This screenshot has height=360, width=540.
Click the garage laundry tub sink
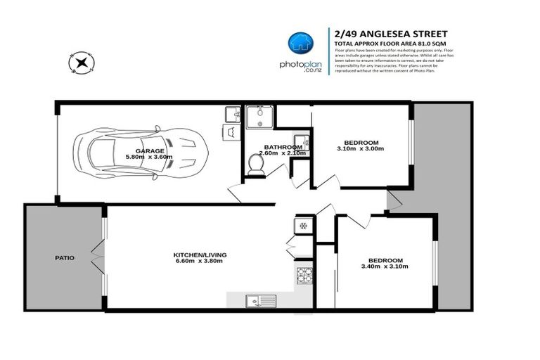(x=232, y=113)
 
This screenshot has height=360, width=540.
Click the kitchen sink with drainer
(x=257, y=300)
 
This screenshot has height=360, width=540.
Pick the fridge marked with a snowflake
(x=303, y=226)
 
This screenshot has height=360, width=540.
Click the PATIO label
(x=65, y=258)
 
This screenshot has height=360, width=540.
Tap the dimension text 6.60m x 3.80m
(x=200, y=261)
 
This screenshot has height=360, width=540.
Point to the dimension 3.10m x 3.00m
(x=361, y=149)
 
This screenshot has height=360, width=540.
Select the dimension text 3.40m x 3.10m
(x=384, y=266)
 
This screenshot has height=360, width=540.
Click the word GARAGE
(x=150, y=150)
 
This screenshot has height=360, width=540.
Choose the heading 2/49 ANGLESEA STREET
(x=390, y=33)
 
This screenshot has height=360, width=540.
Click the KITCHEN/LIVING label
(x=200, y=254)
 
